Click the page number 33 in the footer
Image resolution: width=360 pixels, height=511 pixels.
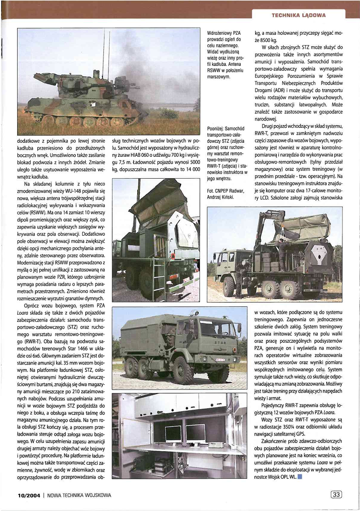pyautogui.click(x=335, y=494)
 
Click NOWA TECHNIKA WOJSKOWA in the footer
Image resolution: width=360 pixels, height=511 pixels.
pyautogui.click(x=79, y=495)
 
